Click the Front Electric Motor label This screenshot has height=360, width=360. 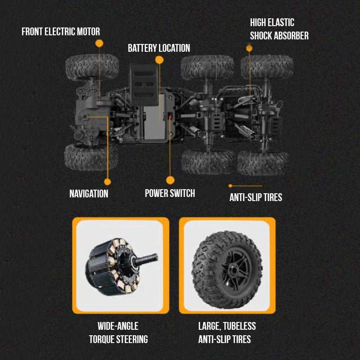pos(60,32)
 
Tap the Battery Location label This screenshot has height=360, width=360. pos(158,48)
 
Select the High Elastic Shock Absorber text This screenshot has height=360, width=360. pos(279,29)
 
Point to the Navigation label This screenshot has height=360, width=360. pos(89,193)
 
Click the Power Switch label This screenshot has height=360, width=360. pos(170,193)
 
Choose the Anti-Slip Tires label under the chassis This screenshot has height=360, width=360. pos(256,197)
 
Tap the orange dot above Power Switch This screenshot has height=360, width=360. pos(170,180)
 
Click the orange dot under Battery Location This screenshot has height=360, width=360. pos(159,60)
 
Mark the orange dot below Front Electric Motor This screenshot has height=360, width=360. pos(99,43)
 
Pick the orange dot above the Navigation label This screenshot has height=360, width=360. pos(108,181)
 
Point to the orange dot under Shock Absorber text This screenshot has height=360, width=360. pos(250,48)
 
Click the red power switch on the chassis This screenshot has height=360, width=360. pos(170,117)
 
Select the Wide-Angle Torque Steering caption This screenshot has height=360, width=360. pos(118,333)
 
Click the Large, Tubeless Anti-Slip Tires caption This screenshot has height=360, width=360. pos(227,333)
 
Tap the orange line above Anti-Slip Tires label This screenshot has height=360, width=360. pos(246,185)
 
